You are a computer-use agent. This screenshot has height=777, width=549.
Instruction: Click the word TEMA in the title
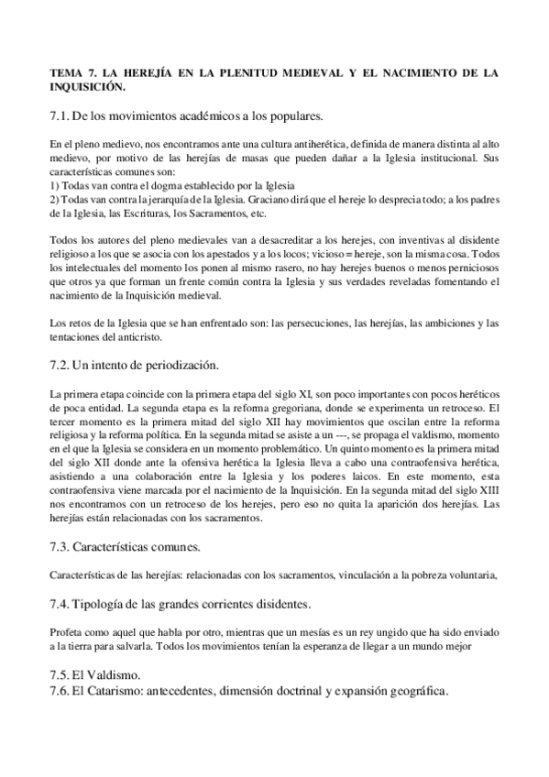pyautogui.click(x=65, y=72)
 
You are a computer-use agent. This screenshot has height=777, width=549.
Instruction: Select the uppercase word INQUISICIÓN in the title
pyautogui.click(x=87, y=86)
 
